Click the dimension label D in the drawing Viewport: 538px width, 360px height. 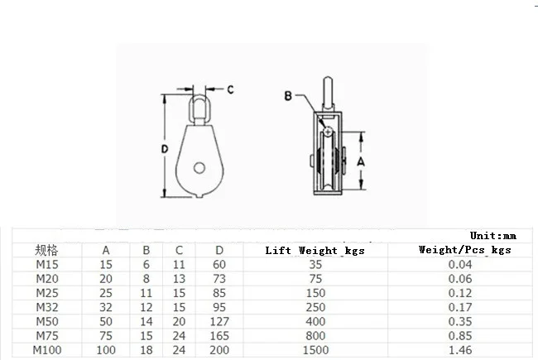coord(165,149)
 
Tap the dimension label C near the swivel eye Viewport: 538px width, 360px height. coord(231,89)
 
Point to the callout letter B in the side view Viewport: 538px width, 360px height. coord(288,96)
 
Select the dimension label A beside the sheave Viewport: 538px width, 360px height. coord(361,163)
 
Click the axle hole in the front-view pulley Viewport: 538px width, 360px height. coord(200,169)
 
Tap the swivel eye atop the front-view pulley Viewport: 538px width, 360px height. coord(199,103)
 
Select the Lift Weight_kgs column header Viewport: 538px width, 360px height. coord(315,250)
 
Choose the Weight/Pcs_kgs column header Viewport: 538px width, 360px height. coord(464,249)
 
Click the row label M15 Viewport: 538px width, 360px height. coord(47,264)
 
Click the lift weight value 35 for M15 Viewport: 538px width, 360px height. coord(314,264)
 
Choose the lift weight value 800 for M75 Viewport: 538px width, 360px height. coord(314,337)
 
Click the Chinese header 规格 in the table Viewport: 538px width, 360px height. coord(47,249)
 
